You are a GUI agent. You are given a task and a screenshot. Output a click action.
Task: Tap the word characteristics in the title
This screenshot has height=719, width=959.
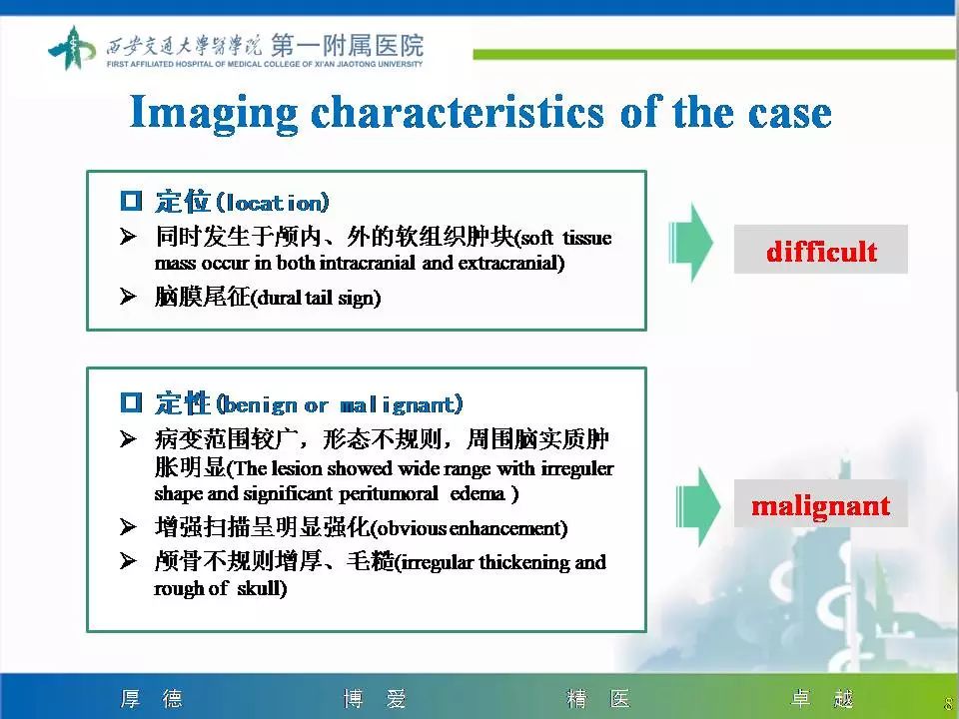pos(458,112)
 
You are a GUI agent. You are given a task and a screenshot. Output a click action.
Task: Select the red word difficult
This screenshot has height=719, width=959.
pos(821,250)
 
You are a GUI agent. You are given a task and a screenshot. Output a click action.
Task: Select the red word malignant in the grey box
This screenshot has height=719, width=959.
pos(820,505)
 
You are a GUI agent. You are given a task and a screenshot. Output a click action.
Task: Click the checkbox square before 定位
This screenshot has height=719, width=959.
pos(132,203)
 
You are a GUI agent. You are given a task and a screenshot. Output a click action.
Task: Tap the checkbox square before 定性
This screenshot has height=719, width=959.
pos(132,404)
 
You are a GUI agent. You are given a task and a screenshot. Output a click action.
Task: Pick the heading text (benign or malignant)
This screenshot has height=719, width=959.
pos(340,405)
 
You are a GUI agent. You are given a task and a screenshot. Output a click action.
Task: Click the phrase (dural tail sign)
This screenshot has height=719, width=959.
pos(315,299)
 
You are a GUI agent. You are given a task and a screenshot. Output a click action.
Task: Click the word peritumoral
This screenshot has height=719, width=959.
pos(389,493)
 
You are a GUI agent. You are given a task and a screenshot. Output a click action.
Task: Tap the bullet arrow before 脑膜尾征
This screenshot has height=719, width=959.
pos(128,298)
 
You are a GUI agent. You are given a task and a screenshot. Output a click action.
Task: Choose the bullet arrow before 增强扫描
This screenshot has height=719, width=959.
pos(128,526)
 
